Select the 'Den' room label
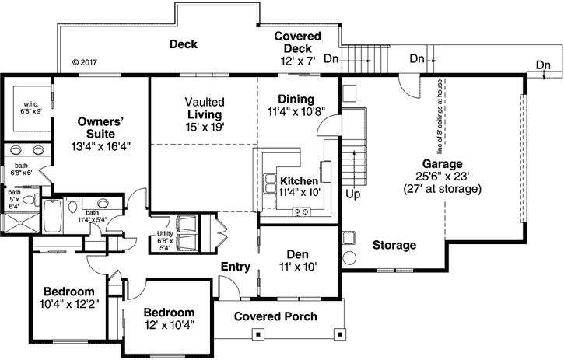[299, 253]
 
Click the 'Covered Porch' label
[275, 316]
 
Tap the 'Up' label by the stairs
[352, 194]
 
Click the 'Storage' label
[394, 245]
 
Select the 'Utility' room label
[165, 233]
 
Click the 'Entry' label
[235, 267]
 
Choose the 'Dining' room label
[296, 99]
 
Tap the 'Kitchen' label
[299, 181]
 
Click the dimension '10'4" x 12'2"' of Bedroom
[68, 304]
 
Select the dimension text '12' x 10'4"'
[168, 323]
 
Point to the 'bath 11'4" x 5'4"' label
[92, 216]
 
